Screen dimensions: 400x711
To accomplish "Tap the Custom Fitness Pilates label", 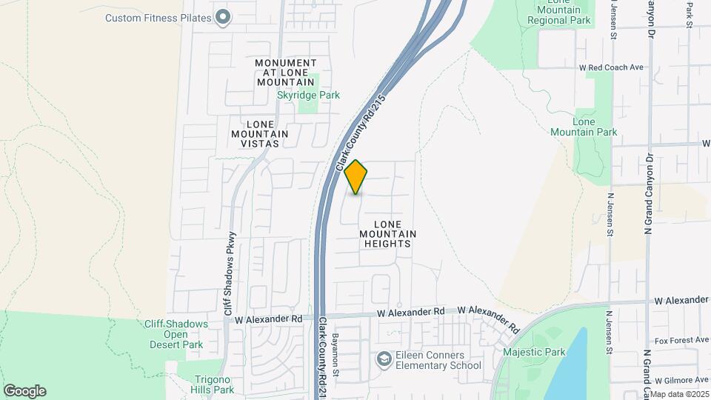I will point(158,18).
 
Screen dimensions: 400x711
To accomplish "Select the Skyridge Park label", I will point(308,95).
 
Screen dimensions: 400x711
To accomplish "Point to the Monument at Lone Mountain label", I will point(286,73).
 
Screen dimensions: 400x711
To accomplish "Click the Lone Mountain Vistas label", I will point(259,133).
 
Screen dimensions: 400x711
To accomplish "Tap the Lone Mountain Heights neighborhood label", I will point(387,233).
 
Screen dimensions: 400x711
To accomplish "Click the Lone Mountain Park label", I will point(584,127).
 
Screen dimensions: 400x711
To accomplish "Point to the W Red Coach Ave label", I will point(611,67).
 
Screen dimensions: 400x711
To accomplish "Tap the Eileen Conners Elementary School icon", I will point(384,360).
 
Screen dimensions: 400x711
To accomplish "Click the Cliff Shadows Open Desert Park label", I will point(173,334).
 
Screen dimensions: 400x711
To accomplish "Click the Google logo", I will point(24,391).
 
